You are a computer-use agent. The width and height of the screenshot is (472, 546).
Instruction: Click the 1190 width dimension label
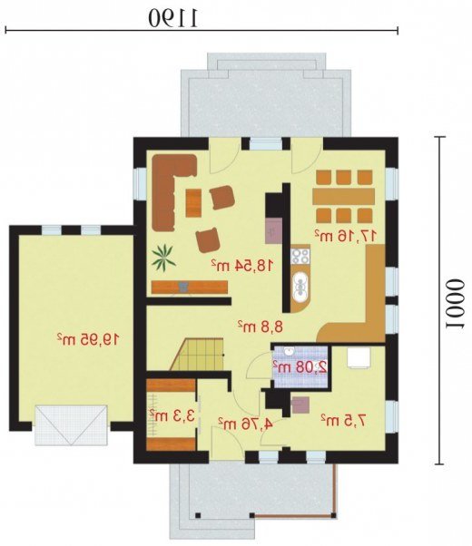pyautogui.click(x=172, y=18)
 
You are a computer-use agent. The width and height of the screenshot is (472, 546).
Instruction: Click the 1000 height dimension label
pyautogui.click(x=456, y=304)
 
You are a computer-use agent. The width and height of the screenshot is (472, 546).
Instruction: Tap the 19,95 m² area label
pyautogui.click(x=88, y=339)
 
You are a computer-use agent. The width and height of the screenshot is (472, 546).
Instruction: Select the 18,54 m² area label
pyautogui.click(x=241, y=266)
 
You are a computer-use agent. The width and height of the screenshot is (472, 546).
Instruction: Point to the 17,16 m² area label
pyautogui.click(x=346, y=236)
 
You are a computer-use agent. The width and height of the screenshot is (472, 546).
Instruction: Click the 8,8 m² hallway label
pyautogui.click(x=261, y=327)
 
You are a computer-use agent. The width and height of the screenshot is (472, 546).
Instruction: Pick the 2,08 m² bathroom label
pyautogui.click(x=300, y=366)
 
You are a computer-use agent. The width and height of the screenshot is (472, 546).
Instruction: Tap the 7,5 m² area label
pyautogui.click(x=343, y=421)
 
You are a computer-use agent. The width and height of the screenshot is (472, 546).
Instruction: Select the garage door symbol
pyautogui.click(x=71, y=424)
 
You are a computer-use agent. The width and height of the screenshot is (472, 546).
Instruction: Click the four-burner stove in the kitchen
pyautogui.click(x=300, y=256)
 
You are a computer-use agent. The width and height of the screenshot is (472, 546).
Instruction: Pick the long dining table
pyautogui.click(x=343, y=197)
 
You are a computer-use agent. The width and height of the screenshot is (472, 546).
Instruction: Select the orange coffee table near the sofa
pyautogui.click(x=193, y=202)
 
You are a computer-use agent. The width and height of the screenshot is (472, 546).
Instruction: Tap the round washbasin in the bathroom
pyautogui.click(x=289, y=352)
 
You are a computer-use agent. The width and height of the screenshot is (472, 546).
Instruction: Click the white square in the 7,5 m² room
pyautogui.click(x=359, y=357)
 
